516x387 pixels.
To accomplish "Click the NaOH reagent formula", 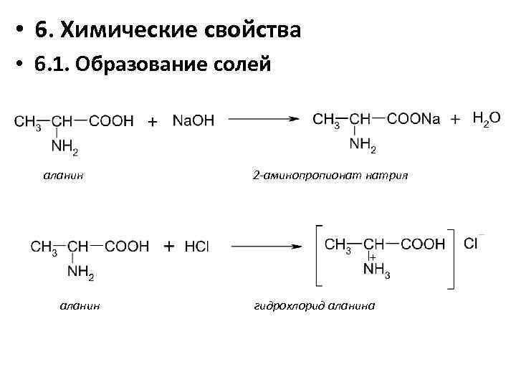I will pyautogui.click(x=193, y=121).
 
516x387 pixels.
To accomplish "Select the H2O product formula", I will pyautogui.click(x=487, y=119).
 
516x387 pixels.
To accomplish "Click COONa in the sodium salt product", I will pyautogui.click(x=414, y=119).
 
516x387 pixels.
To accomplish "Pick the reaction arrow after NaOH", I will pyautogui.click(x=263, y=120).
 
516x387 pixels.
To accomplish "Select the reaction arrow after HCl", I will pyautogui.click(x=264, y=246).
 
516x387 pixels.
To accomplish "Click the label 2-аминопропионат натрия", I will pyautogui.click(x=330, y=174).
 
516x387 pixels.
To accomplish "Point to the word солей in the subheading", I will pyautogui.click(x=242, y=64).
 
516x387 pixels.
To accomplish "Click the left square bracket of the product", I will pyautogui.click(x=317, y=257).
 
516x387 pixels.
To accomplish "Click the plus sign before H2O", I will pyautogui.click(x=455, y=120).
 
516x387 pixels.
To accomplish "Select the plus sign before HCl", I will pyautogui.click(x=169, y=247).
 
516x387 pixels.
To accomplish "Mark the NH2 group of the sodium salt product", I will pyautogui.click(x=363, y=145).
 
